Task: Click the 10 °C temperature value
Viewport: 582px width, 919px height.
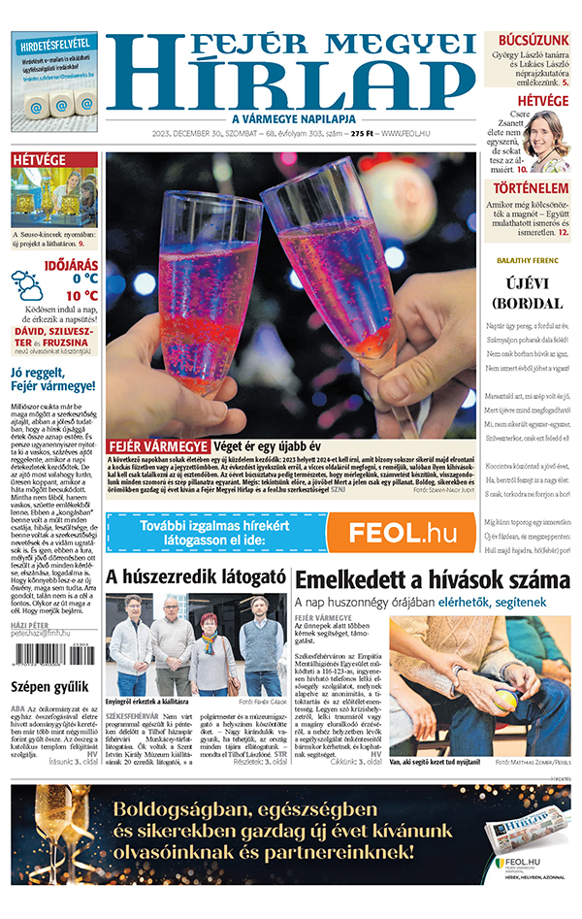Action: point(81,295)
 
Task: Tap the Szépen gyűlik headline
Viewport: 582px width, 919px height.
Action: point(44,688)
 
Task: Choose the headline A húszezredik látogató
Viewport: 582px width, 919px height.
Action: point(195,578)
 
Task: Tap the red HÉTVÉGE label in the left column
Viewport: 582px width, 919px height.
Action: point(40,160)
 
